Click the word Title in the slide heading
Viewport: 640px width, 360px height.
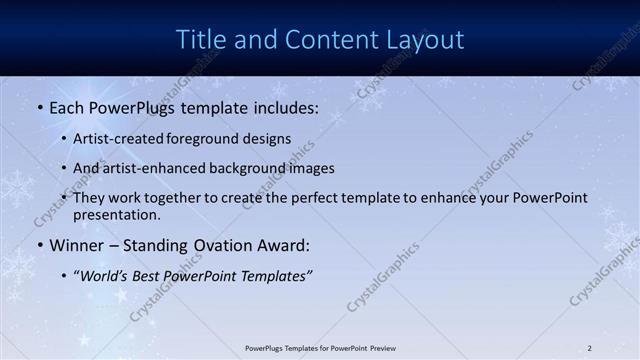click(199, 39)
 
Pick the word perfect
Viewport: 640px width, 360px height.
click(325, 198)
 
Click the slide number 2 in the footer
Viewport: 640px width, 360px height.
click(589, 348)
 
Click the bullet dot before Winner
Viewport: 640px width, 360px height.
click(39, 245)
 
